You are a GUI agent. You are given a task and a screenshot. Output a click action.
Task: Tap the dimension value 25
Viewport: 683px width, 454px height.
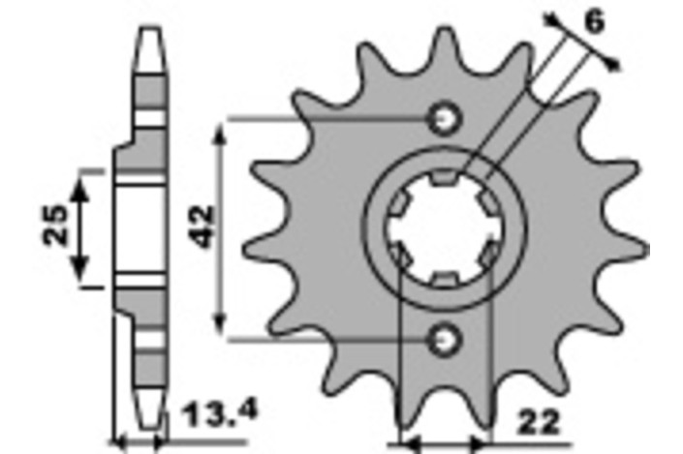click(55, 225)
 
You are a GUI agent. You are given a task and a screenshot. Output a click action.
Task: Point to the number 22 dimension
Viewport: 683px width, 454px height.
click(539, 422)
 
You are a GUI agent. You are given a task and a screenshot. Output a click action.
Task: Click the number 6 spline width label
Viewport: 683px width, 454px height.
click(595, 21)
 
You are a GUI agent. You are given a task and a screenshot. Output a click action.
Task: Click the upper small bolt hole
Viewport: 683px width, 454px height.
click(445, 118)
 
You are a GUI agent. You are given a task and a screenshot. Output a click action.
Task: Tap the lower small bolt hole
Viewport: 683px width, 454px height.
click(445, 340)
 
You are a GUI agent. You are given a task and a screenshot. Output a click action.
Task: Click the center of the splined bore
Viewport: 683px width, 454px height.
click(446, 229)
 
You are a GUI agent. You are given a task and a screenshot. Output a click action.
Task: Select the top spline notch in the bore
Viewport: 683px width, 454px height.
click(445, 177)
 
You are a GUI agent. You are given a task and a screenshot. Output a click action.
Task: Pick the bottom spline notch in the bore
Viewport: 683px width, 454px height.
click(445, 281)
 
